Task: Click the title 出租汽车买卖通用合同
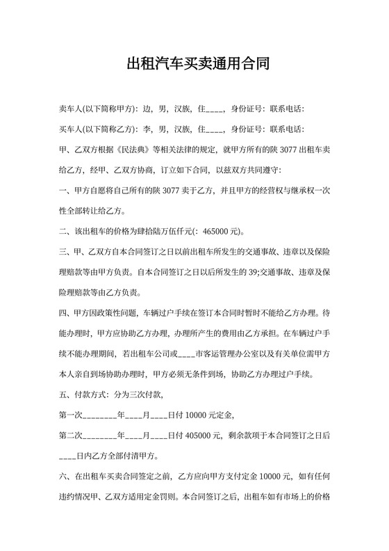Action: (194, 65)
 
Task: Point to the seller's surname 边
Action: (147, 109)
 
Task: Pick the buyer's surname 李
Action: (147, 129)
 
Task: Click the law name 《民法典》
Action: (138, 149)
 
